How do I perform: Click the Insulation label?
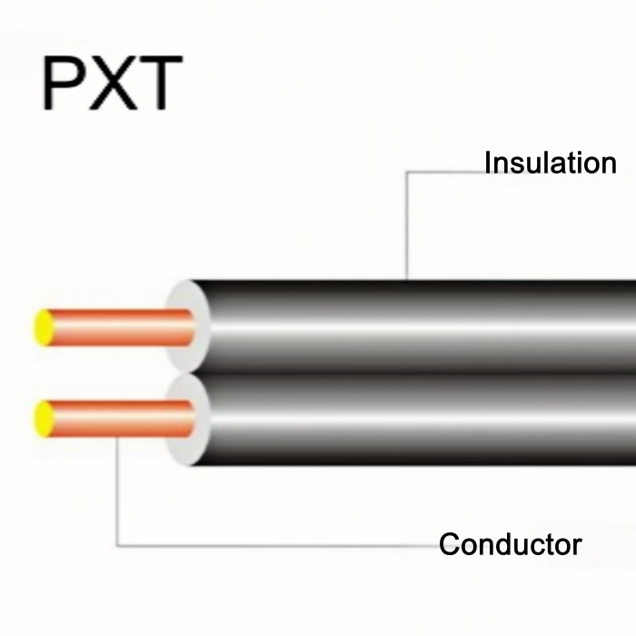tap(550, 164)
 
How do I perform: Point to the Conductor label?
tap(510, 545)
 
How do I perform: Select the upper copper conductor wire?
tap(118, 327)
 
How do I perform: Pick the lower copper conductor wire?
tap(118, 418)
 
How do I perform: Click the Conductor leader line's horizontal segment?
tap(273, 547)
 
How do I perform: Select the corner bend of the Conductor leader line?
tap(118, 547)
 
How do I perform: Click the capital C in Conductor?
tap(450, 545)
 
